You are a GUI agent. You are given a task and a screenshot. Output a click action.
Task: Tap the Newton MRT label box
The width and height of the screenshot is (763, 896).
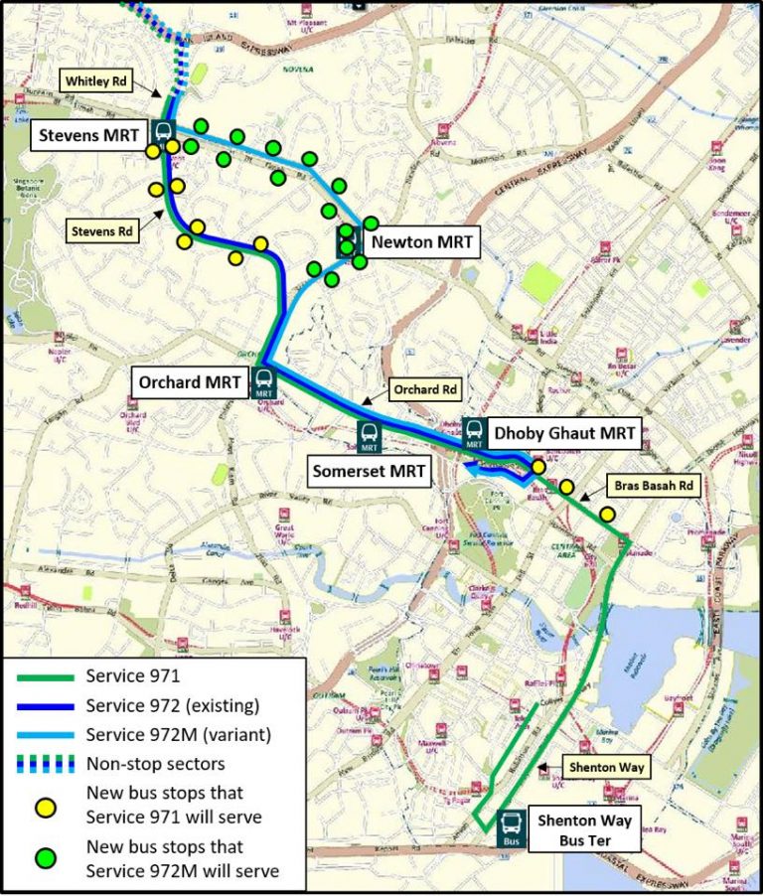pyautogui.click(x=420, y=240)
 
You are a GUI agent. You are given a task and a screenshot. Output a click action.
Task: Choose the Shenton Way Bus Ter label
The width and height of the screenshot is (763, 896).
pyautogui.click(x=583, y=829)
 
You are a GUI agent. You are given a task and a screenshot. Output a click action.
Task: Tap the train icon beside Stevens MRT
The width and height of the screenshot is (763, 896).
pyautogui.click(x=163, y=131)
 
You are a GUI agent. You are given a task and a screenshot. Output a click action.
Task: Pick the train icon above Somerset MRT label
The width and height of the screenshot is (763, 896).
pyautogui.click(x=368, y=434)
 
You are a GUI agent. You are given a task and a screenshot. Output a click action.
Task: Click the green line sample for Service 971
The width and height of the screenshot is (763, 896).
pyautogui.click(x=45, y=677)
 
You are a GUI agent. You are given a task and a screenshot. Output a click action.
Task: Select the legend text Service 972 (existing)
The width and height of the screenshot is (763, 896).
pyautogui.click(x=173, y=706)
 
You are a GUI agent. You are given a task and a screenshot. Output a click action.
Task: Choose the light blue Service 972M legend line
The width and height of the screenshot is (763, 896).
pyautogui.click(x=45, y=736)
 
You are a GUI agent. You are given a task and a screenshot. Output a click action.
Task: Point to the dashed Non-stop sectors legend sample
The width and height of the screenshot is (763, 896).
pyautogui.click(x=45, y=765)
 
